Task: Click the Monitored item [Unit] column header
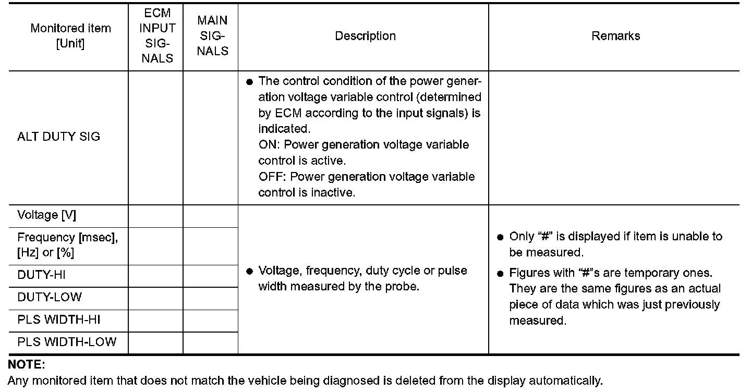click(x=70, y=35)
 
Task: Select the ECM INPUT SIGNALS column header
click(x=157, y=35)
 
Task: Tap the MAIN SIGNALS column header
click(x=212, y=35)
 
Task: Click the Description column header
click(x=365, y=36)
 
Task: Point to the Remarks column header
click(x=615, y=36)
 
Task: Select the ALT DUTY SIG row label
click(x=58, y=137)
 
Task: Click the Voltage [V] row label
click(x=46, y=215)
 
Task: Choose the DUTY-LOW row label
click(x=50, y=298)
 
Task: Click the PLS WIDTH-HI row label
click(x=58, y=320)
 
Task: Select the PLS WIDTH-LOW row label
click(x=67, y=342)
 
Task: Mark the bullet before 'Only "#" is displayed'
click(x=500, y=237)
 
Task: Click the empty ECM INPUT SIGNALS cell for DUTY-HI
click(x=155, y=275)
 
